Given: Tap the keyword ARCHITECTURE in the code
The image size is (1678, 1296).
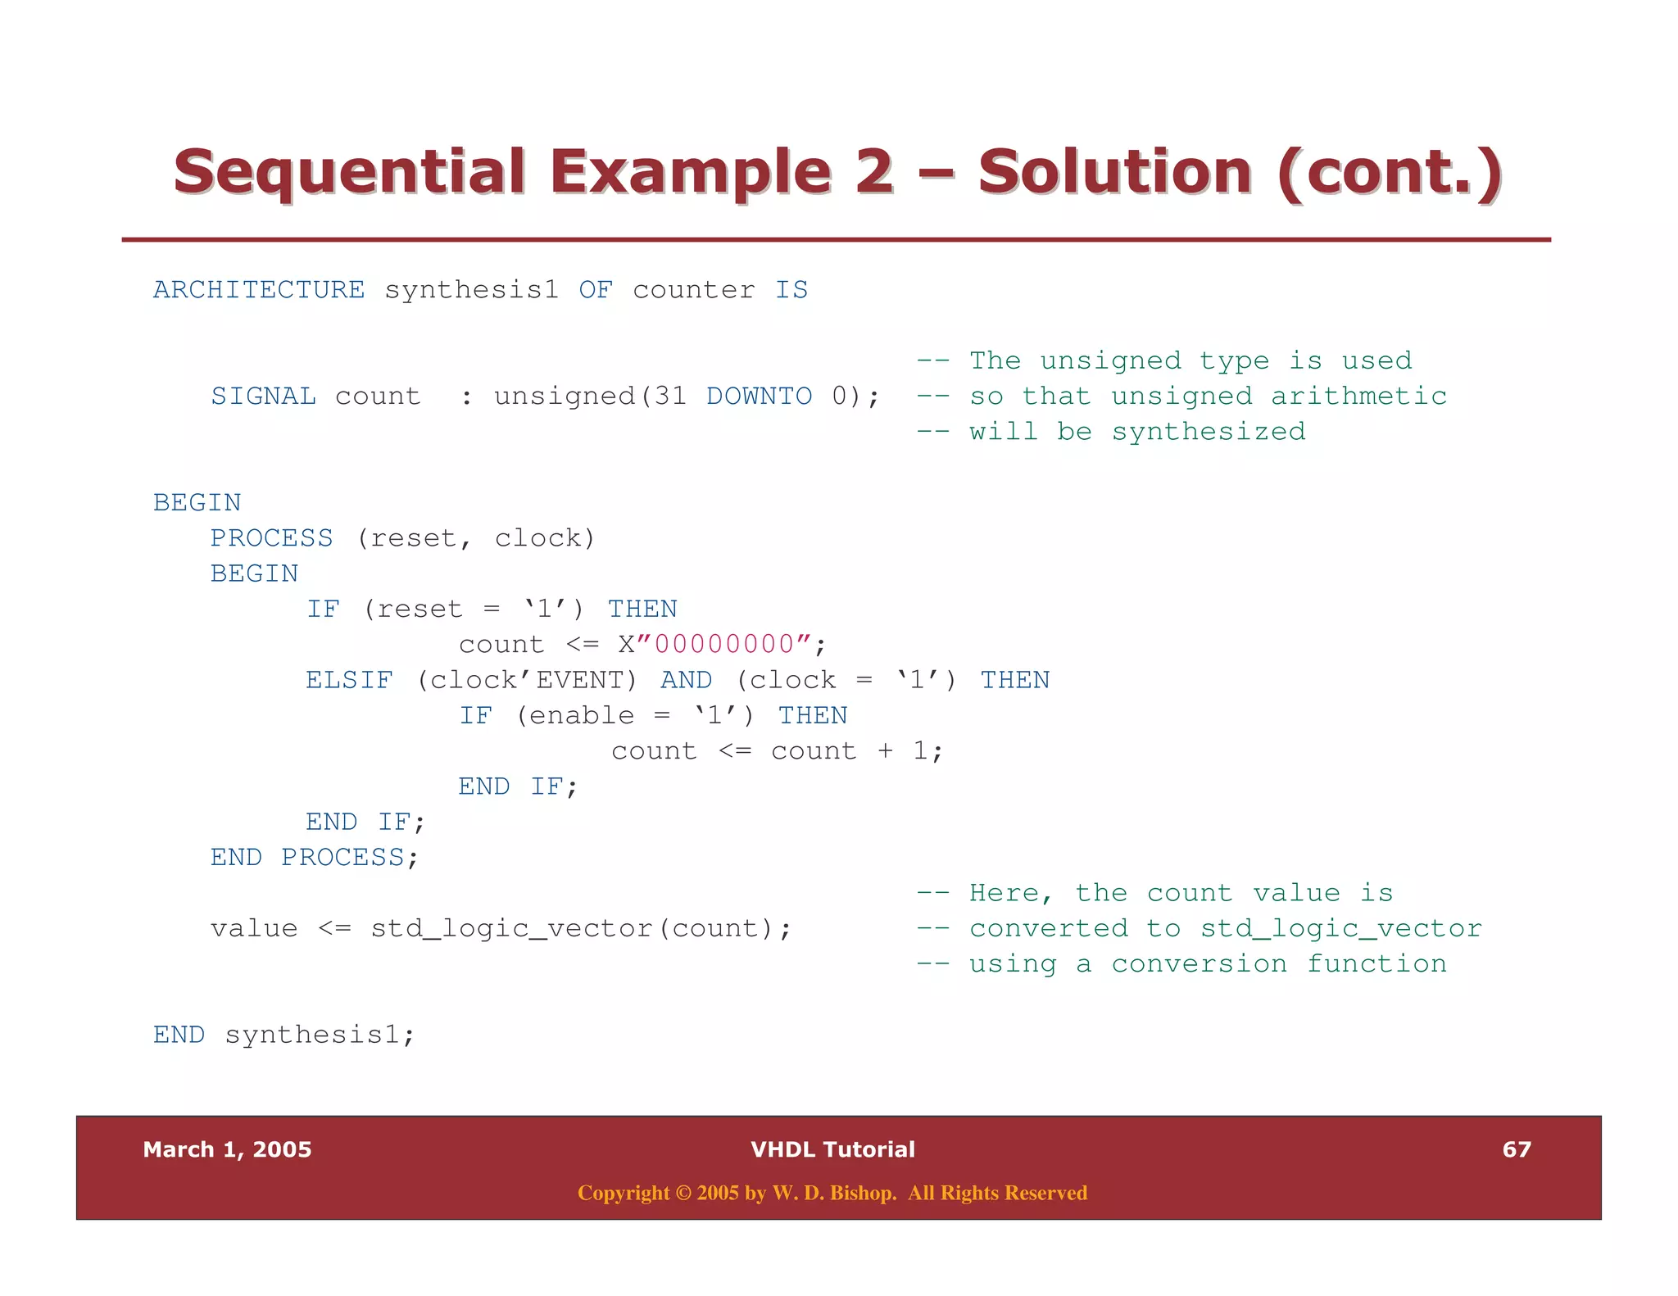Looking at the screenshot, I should pos(259,290).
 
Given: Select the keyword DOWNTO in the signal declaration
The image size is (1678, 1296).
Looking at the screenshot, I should pos(759,397).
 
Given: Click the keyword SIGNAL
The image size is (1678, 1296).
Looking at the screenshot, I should pos(263,397).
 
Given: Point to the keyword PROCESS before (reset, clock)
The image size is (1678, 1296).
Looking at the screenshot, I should pos(271,538).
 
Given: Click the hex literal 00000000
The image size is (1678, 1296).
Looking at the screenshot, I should pos(724,645).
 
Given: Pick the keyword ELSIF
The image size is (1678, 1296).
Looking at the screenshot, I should pos(349,680).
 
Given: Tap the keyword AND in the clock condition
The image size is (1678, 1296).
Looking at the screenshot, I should pos(686,680).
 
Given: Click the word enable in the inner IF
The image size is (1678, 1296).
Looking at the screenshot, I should pos(581,716).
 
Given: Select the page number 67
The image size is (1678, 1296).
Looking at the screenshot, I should pos(1516,1149).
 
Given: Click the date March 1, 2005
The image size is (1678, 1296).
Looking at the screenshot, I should pos(227,1149).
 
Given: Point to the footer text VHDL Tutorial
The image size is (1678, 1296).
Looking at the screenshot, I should pos(832,1149).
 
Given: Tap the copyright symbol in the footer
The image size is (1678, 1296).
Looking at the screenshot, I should pos(683,1194).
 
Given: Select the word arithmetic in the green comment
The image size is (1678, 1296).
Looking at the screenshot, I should pos(1358,397).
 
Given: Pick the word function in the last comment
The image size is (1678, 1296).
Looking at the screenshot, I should pos(1376,964).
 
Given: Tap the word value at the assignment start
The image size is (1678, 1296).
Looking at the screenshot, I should pos(254,929).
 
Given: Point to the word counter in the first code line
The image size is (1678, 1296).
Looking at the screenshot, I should pos(693,290).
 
